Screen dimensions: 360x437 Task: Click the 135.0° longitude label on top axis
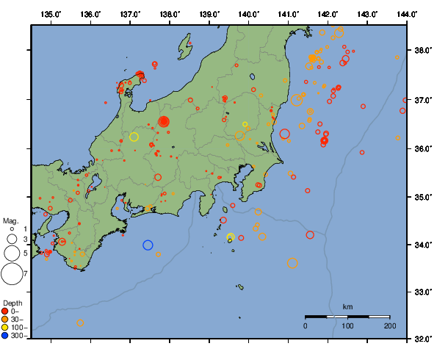pyautogui.click(x=51, y=14)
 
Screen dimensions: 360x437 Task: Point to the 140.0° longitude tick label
pyautogui.click(x=248, y=14)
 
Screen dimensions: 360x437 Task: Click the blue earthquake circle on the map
pyautogui.click(x=148, y=245)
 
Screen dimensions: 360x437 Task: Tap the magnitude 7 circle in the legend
pyautogui.click(x=12, y=274)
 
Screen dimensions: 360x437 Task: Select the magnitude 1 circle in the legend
pyautogui.click(x=12, y=230)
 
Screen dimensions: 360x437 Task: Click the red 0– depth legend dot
pyautogui.click(x=6, y=312)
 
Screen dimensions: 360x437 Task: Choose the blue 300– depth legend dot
pyautogui.click(x=6, y=336)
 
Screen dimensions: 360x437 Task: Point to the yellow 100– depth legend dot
pyautogui.click(x=6, y=328)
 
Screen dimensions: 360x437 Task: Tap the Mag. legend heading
pyautogui.click(x=10, y=220)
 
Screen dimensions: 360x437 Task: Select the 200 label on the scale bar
pyautogui.click(x=389, y=325)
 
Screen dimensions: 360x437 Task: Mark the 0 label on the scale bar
pyautogui.click(x=306, y=325)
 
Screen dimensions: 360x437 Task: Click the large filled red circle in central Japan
pyautogui.click(x=164, y=121)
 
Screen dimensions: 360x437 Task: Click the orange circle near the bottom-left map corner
pyautogui.click(x=80, y=323)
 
